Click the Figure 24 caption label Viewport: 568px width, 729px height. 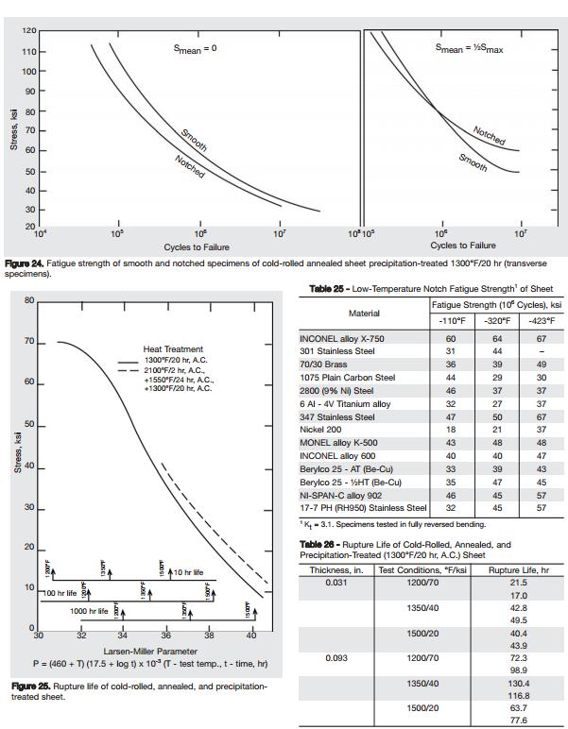point(28,263)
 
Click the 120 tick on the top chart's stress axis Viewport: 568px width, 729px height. point(29,32)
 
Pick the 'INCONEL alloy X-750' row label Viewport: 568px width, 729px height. point(341,338)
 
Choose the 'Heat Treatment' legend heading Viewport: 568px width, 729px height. point(173,349)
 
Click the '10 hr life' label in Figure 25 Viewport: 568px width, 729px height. point(188,572)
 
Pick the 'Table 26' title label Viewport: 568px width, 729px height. point(322,545)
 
